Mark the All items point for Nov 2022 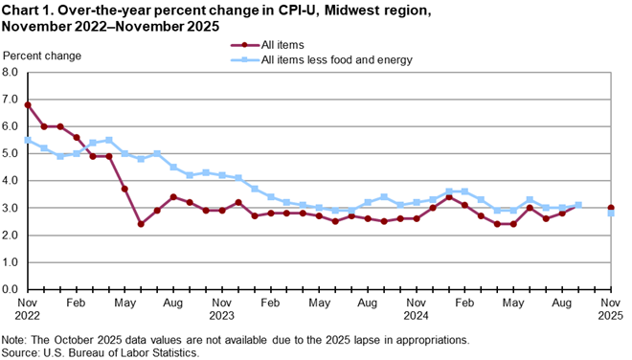point(28,104)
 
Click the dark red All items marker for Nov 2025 point(611,208)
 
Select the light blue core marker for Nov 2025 point(611,214)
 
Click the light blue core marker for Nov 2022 point(28,140)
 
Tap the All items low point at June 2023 point(141,224)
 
